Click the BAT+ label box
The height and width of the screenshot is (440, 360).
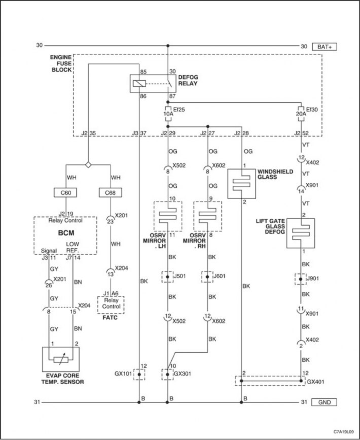coord(324,47)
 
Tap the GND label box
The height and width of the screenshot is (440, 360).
coord(324,402)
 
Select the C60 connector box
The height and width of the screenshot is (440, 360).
coord(66,193)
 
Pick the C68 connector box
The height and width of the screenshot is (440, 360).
coord(110,193)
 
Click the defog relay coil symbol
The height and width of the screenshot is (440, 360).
coord(139,83)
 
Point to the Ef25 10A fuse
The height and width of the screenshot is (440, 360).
coord(168,114)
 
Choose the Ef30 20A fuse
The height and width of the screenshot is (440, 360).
coord(301,114)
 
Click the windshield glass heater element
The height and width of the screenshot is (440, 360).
coord(241,184)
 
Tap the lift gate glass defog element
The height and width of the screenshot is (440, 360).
coord(301,233)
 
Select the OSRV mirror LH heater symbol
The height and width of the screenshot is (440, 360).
coord(168,216)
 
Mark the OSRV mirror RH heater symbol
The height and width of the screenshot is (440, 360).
coord(208,216)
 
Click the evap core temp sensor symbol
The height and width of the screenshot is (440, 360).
coord(61,359)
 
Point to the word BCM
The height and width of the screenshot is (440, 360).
coord(66,233)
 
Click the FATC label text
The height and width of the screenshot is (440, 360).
coord(110,318)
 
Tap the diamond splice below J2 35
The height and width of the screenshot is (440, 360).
coord(88,165)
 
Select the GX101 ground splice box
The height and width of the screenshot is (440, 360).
coord(139,374)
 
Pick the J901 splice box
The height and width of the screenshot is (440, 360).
coord(301,279)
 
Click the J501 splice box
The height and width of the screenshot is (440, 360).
coord(167,277)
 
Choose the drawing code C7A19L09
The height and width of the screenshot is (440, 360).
coord(344,431)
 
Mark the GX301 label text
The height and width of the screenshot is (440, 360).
coord(183,374)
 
